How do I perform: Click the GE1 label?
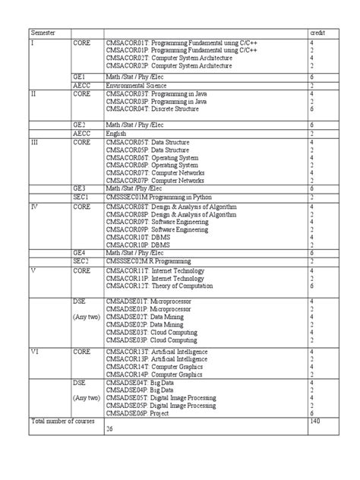pos(79,77)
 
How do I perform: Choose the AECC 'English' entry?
pos(118,132)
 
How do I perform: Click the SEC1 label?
pos(81,196)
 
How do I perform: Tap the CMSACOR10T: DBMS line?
pos(135,236)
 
